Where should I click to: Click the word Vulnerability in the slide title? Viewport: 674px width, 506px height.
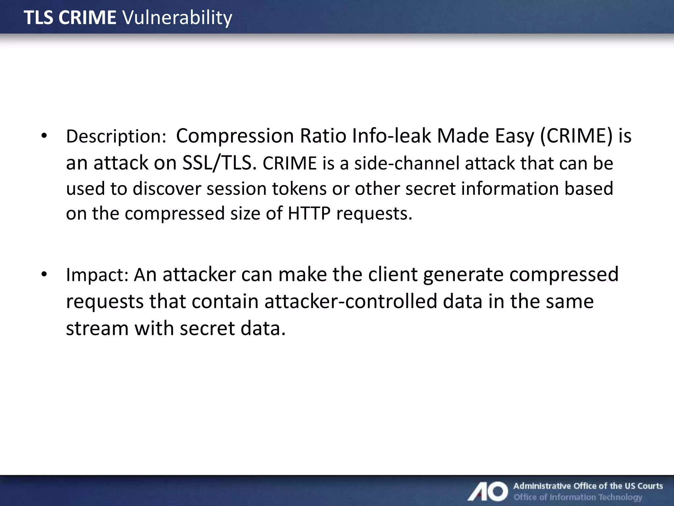pos(177,18)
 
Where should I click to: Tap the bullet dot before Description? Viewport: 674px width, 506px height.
pos(44,135)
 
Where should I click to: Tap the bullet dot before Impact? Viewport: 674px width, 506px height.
pos(44,274)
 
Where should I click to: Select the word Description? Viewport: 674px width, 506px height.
pos(116,136)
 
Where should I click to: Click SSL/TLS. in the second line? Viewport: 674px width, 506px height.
pos(219,163)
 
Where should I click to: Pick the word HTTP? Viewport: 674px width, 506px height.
pos(309,213)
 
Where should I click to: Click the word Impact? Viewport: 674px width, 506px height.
pos(97,275)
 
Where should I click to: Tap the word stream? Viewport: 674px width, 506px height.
pos(97,329)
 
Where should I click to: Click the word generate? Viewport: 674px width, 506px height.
pos(463,275)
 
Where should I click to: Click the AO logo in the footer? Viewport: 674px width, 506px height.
pos(488,491)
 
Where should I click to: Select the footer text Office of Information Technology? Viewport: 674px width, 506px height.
pos(578,497)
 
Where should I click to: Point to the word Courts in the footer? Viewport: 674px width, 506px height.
pos(650,486)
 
